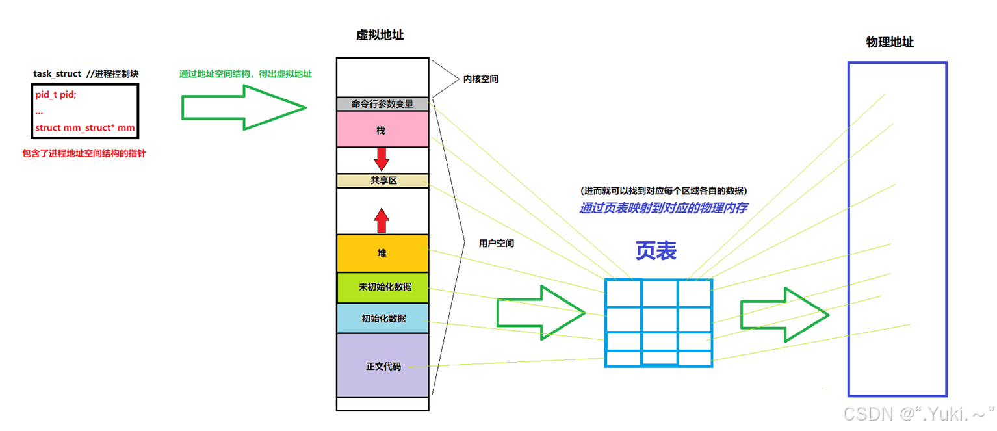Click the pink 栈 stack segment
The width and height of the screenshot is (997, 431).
[x=382, y=129]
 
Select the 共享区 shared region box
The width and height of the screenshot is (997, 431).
[x=383, y=181]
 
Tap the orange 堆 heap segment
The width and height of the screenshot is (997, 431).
[x=382, y=253]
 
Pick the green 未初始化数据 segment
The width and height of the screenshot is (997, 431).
[x=382, y=287]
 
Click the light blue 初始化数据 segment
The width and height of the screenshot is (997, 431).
[x=382, y=319]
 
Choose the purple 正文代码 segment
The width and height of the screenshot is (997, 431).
[x=382, y=365]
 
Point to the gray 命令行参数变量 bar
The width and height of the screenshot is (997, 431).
[x=382, y=104]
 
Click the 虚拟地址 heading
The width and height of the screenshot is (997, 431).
[x=380, y=35]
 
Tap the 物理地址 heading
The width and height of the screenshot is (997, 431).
[x=890, y=42]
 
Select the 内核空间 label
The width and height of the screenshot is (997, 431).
[x=481, y=79]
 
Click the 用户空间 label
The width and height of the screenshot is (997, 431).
[x=497, y=243]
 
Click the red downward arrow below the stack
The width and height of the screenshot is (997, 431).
[x=382, y=159]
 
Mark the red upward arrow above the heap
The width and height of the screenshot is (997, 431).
[x=382, y=220]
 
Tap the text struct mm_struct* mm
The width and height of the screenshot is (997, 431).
[x=85, y=128]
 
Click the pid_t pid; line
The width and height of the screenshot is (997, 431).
[x=56, y=95]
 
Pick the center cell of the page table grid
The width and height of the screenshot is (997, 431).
[x=659, y=320]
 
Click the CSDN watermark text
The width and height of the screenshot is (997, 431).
[x=916, y=413]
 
